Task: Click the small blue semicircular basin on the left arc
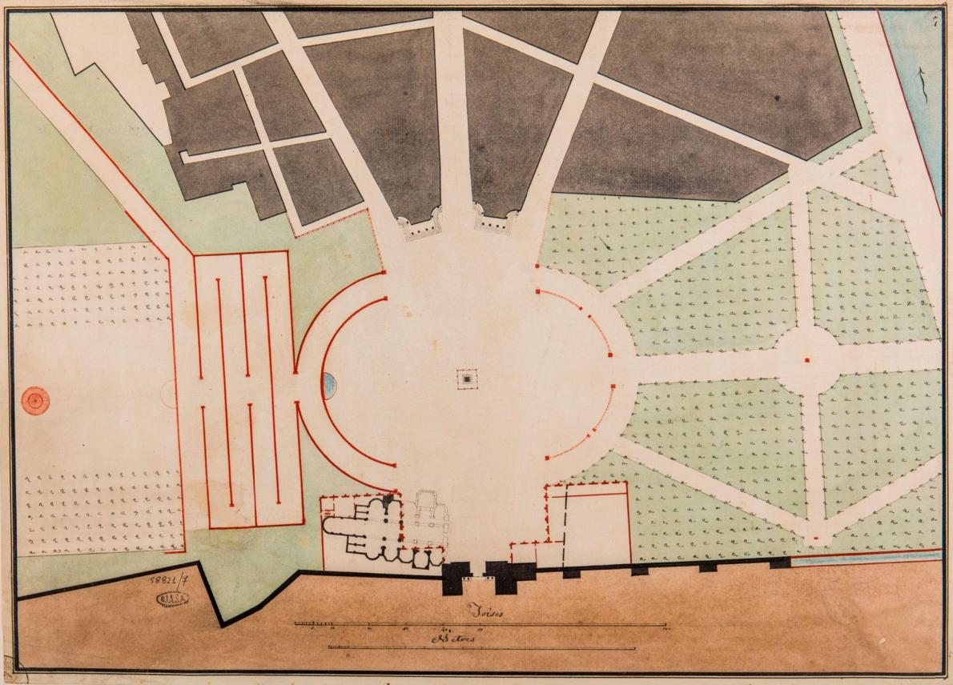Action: tap(329, 385)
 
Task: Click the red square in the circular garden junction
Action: tap(807, 361)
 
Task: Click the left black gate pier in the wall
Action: tap(456, 577)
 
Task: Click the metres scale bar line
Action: tap(481, 648)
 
